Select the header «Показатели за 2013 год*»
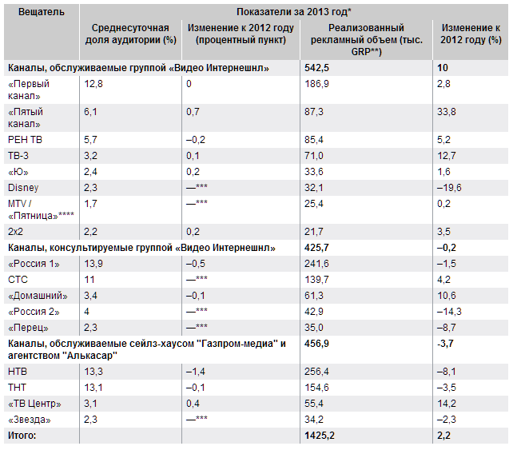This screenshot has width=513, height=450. [x=294, y=12]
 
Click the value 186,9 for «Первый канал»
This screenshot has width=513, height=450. [x=318, y=84]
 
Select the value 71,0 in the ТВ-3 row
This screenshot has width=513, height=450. [x=316, y=155]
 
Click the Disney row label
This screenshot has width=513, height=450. [x=22, y=187]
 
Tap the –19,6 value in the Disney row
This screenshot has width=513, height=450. [x=452, y=187]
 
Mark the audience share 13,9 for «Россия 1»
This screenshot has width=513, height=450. [x=93, y=263]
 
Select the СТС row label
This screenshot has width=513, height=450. [x=18, y=279]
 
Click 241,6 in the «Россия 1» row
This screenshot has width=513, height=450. [x=318, y=263]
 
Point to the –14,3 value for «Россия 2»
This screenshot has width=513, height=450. [x=452, y=310]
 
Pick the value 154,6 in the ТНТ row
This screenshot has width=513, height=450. [x=318, y=388]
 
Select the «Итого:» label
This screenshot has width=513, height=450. [x=22, y=436]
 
